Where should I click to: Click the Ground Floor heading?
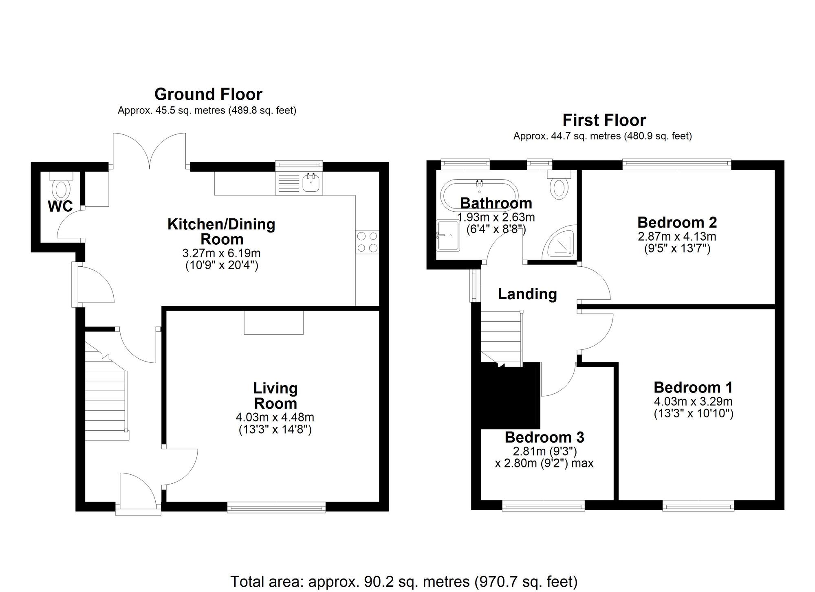pos(208,94)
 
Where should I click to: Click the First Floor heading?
pos(604,121)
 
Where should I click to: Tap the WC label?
pos(60,206)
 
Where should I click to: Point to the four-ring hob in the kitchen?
pos(367,242)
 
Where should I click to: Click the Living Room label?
pos(275,395)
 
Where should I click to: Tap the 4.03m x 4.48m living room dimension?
pos(275,417)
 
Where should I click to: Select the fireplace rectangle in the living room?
pos(273,322)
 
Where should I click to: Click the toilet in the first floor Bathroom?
pos(559,187)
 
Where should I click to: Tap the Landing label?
pos(527,294)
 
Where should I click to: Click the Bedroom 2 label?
pos(677,222)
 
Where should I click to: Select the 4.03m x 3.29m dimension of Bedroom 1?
pos(693,401)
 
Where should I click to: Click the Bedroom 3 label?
pos(544,437)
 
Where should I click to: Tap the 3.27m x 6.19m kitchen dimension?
pos(221,253)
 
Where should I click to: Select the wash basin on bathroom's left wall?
pos(448,235)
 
